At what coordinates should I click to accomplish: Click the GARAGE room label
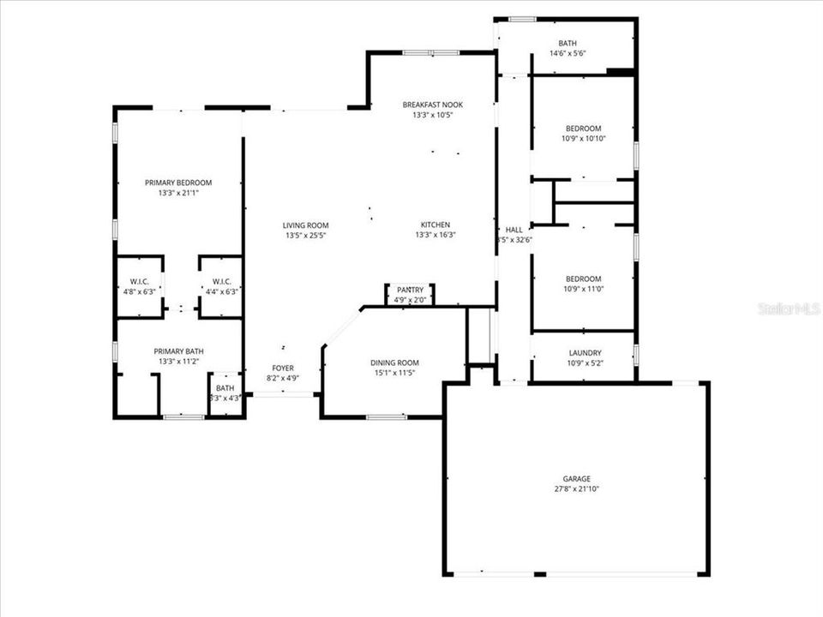pos(576,479)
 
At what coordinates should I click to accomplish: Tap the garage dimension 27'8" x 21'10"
pos(576,489)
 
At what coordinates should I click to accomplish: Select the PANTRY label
pos(410,291)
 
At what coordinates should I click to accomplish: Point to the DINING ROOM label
pos(394,362)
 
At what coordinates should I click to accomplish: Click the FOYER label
pos(283,368)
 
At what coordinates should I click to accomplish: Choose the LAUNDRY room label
pos(585,353)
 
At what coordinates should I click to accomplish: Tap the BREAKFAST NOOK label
pos(432,105)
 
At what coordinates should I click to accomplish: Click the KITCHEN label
pos(435,225)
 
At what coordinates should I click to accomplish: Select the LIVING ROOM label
pos(306,225)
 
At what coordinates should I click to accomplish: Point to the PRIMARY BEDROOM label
pos(177,183)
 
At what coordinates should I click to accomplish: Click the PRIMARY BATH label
pos(178,351)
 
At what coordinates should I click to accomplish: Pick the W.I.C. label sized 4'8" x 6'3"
pos(140,281)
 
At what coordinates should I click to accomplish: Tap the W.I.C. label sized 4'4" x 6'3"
pos(221,281)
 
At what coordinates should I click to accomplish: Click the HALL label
pos(514,230)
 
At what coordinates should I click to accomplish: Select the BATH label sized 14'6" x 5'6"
pos(568,43)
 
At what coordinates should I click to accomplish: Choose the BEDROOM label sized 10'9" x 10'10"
pos(583,128)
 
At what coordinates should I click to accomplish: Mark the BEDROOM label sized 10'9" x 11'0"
pos(583,279)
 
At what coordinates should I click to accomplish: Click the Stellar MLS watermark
pos(789,308)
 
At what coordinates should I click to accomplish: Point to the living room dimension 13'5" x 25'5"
pos(306,236)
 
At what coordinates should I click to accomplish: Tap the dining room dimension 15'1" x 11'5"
pos(394,373)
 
